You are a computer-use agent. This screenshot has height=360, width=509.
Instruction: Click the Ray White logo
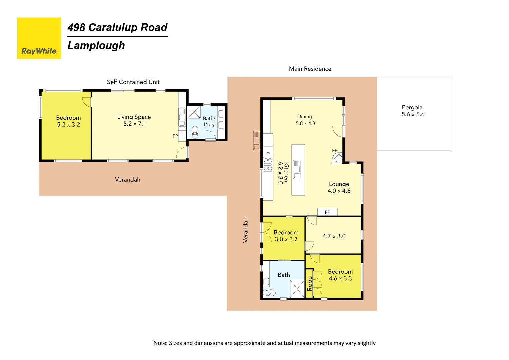(x=39, y=38)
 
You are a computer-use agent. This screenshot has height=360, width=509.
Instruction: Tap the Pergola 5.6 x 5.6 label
(x=413, y=111)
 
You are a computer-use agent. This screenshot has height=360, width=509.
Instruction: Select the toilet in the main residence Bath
(x=269, y=293)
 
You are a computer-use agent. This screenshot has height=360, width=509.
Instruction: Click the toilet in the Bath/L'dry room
(x=195, y=132)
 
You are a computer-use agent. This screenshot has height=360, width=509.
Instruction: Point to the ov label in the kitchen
(x=268, y=153)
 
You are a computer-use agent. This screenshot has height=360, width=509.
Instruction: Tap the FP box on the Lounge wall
(x=327, y=212)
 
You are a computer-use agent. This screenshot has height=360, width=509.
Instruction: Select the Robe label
(x=310, y=283)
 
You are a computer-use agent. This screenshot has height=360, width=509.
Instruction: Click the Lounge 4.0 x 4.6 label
(x=339, y=187)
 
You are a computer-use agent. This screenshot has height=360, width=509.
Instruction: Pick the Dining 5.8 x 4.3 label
(x=305, y=120)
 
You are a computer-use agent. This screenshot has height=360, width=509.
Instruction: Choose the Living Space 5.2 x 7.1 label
(x=134, y=120)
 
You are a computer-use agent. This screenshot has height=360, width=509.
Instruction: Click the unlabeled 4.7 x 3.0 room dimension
(x=334, y=236)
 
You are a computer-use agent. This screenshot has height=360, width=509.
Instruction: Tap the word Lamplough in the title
(x=96, y=46)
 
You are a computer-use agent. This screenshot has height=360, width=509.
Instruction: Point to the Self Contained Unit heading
(x=133, y=82)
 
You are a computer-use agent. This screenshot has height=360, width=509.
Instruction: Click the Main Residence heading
(x=310, y=69)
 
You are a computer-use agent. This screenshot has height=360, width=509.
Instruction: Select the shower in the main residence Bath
(x=297, y=289)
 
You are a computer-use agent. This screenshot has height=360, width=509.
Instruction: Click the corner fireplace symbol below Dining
(x=337, y=158)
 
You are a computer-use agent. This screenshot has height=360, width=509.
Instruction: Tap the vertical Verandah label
(x=246, y=230)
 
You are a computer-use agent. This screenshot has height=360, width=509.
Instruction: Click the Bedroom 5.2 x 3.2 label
(x=68, y=121)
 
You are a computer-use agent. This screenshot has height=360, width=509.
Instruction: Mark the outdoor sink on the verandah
(x=256, y=140)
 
